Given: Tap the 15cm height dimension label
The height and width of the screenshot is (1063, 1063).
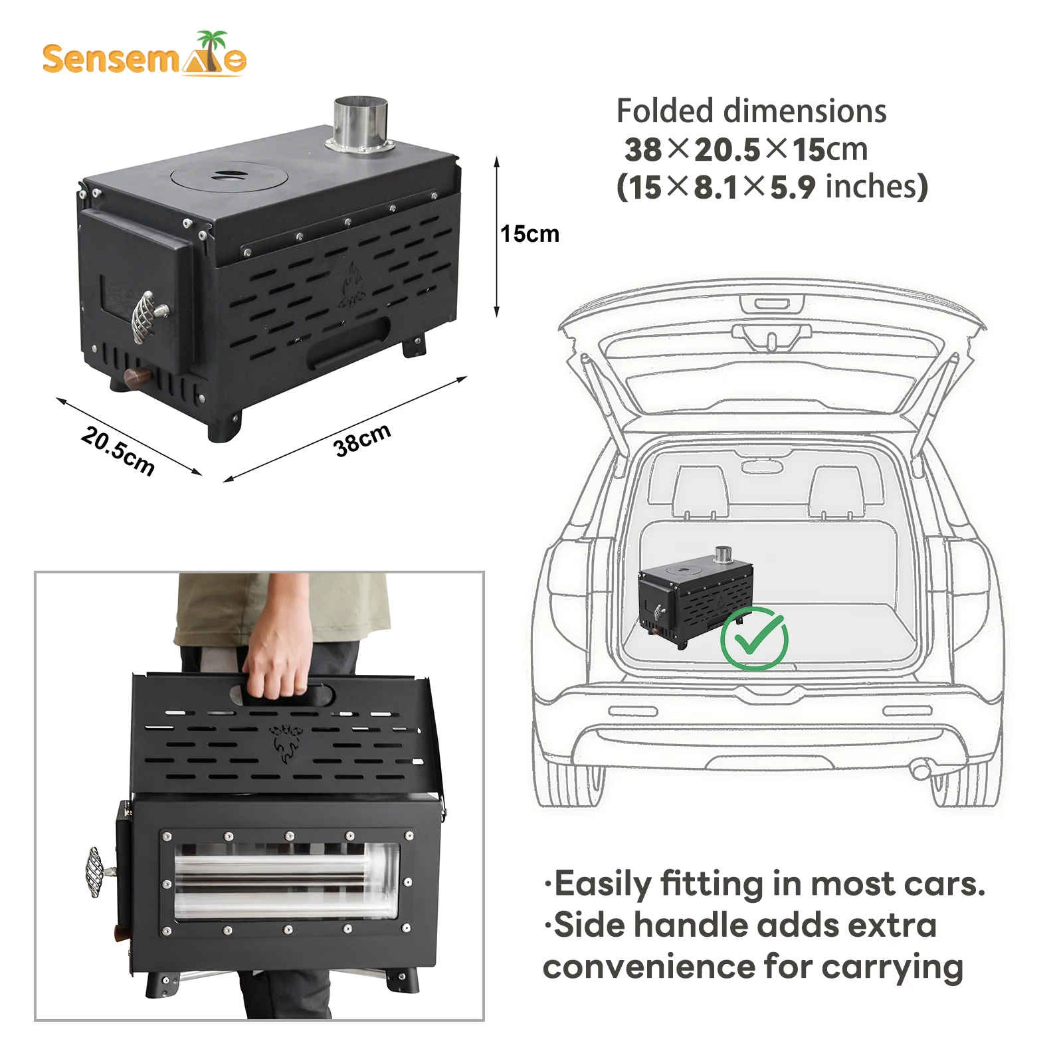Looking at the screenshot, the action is pyautogui.click(x=530, y=234).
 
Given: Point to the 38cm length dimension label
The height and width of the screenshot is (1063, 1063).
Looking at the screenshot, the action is pyautogui.click(x=362, y=440).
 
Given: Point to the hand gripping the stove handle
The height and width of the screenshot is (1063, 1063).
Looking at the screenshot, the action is pyautogui.click(x=279, y=654).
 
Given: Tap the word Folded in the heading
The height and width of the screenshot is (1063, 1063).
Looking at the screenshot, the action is pyautogui.click(x=665, y=111).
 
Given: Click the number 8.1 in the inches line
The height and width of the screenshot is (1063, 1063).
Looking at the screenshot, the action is pyautogui.click(x=716, y=188).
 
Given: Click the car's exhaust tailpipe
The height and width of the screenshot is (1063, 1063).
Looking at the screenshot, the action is pyautogui.click(x=921, y=771).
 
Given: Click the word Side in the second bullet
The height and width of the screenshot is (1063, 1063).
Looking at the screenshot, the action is pyautogui.click(x=588, y=925).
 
